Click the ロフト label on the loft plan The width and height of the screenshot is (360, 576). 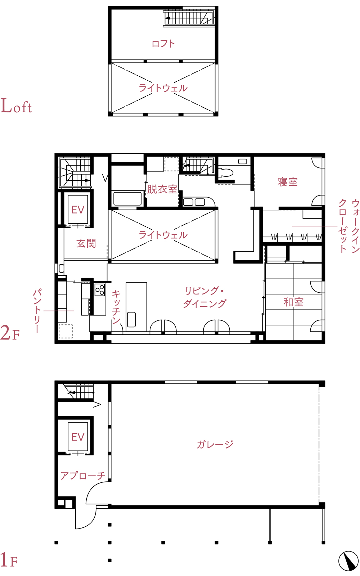pos(163,44)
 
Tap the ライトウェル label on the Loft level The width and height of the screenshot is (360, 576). pos(163,88)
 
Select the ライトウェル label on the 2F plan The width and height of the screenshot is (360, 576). pos(163,235)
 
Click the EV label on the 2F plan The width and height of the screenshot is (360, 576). pos(78,210)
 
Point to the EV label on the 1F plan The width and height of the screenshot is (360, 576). pos(78,437)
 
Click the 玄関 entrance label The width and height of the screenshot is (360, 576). pos(86,243)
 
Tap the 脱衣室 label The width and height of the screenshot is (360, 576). pos(162,189)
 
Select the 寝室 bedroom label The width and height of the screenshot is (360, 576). pos(288,182)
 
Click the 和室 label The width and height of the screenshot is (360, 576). pos(294,302)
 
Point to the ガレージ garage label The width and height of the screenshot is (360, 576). pos(215,444)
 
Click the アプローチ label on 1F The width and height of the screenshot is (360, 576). pos(83,476)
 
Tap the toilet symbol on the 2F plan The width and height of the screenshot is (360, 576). pos(225,172)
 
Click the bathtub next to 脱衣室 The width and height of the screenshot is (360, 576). pos(127,198)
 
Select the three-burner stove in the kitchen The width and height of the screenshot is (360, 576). pos(100,290)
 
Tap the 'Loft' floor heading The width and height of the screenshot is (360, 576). pos(16,106)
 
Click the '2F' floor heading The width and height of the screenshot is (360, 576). pos(10,333)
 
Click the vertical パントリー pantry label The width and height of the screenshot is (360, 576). pos(37,311)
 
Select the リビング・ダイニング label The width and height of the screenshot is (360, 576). pos(205,297)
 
